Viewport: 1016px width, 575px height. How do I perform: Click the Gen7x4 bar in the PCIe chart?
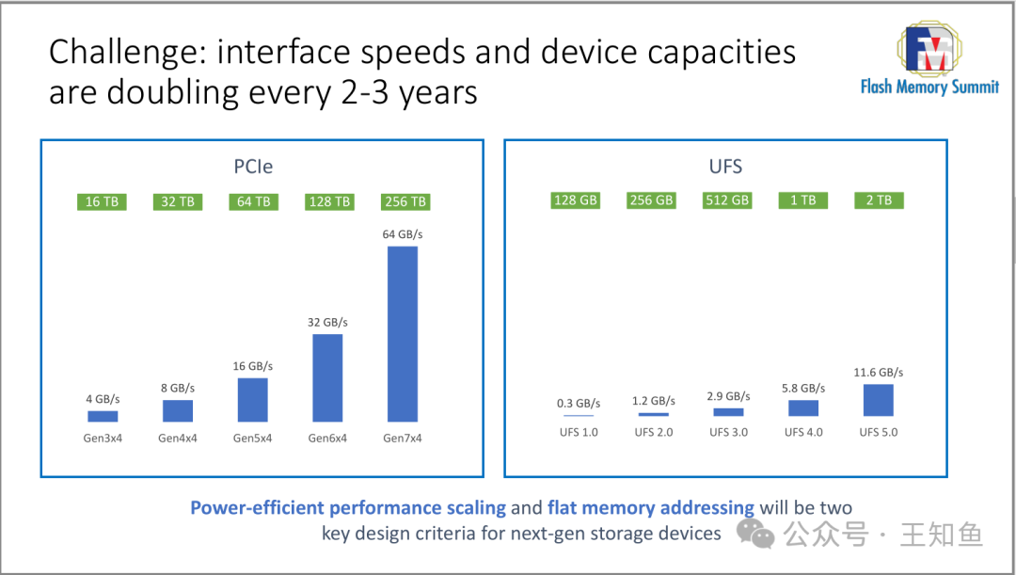402,333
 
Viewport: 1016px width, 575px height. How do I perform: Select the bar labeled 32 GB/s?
327,377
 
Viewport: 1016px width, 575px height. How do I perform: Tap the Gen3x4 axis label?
102,438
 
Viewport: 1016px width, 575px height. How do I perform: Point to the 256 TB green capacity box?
405,201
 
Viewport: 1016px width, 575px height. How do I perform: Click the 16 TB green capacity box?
102,201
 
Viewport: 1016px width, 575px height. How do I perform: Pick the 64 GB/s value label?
403,233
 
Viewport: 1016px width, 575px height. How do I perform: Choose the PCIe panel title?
253,168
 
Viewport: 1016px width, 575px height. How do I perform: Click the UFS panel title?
725,168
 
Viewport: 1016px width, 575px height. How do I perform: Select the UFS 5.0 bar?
878,400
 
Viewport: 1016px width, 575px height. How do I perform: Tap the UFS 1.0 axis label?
577,432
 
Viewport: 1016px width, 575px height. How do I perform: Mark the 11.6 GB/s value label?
879,373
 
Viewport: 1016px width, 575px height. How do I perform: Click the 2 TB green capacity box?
879,200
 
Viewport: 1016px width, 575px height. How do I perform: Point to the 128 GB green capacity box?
576,200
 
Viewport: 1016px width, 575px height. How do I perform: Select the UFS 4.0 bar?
803,407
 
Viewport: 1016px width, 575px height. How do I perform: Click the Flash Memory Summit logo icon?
929,50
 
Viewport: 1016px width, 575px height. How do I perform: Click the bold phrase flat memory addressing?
650,508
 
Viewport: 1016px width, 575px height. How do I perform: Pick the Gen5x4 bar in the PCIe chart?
252,399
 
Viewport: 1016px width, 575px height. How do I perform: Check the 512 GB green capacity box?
727,200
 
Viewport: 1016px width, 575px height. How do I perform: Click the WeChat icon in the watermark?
755,534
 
